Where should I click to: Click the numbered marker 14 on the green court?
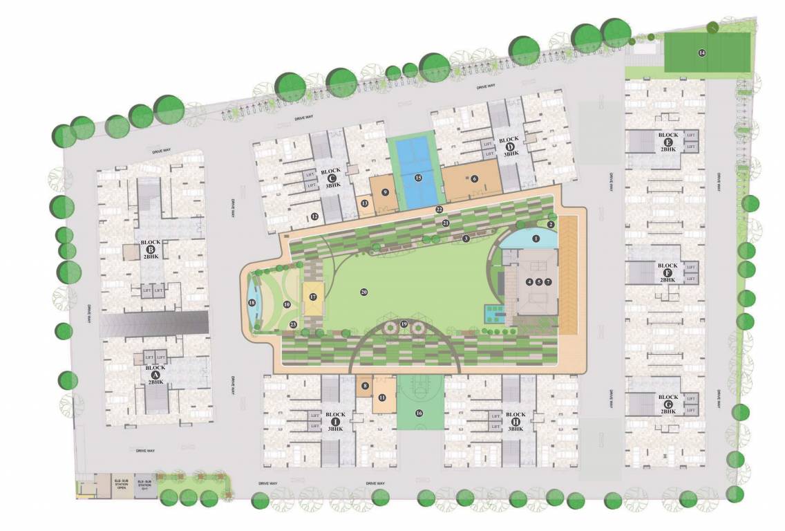tap(701, 53)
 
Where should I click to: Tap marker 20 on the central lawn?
tap(363, 292)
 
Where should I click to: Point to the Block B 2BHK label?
tap(151, 249)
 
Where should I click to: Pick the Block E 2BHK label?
tap(668, 142)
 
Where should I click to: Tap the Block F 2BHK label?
tap(668, 272)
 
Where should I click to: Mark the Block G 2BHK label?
tap(668, 404)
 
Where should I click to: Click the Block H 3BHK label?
tap(516, 422)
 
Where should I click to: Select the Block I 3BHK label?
tap(335, 422)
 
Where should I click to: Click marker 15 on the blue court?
tap(418, 178)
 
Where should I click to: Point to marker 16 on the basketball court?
tap(418, 413)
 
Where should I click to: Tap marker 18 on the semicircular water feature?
tap(252, 303)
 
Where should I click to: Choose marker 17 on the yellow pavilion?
tap(312, 297)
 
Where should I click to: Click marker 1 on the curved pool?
tap(536, 239)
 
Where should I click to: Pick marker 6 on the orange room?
tap(474, 178)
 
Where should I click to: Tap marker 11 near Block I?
tap(381, 398)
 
